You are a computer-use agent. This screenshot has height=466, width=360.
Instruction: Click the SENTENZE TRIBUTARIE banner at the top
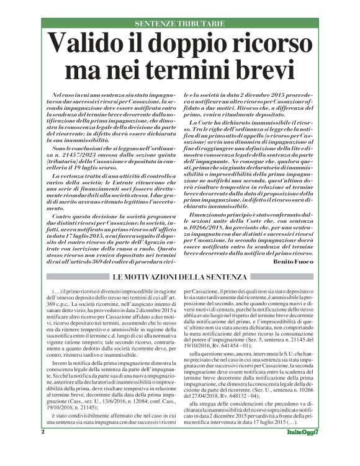(179, 24)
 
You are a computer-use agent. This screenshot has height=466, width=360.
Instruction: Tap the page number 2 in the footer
(42, 448)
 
